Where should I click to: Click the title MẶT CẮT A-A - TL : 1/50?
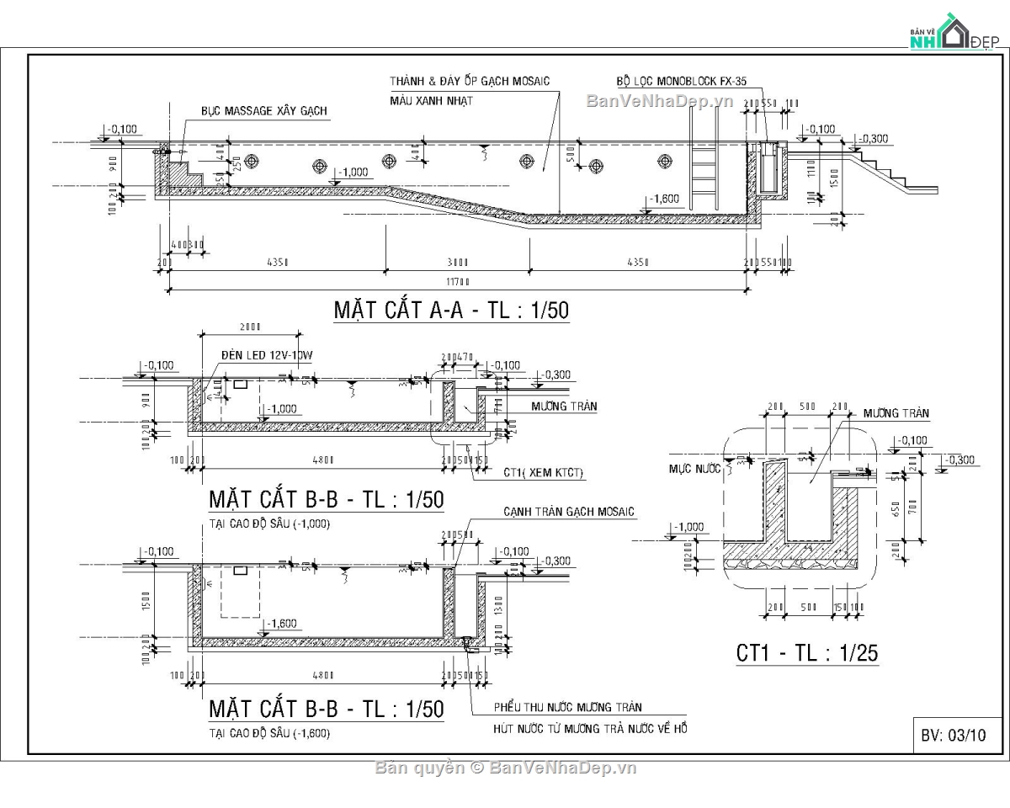coord(451,311)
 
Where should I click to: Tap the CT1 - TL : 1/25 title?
coord(808,653)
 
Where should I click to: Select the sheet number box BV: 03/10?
coord(953,735)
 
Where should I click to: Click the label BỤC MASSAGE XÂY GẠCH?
coord(263,111)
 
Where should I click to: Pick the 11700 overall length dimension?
coord(457,281)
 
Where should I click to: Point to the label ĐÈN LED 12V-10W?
coord(267,356)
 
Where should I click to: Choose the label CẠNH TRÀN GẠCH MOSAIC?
coord(569,512)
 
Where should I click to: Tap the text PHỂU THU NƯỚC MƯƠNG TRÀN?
coord(567,708)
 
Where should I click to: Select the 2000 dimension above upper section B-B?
coord(250,327)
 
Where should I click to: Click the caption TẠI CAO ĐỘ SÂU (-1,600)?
coord(269,733)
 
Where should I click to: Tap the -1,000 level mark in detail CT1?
coord(688,528)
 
